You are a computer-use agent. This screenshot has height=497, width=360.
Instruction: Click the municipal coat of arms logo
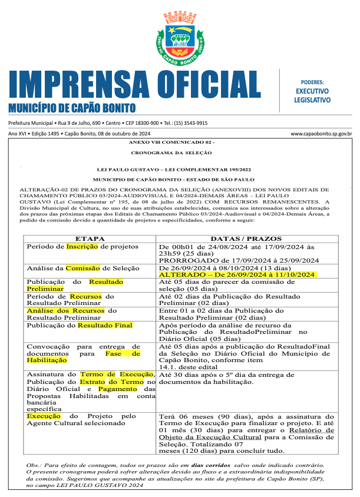pyautogui.click(x=180, y=38)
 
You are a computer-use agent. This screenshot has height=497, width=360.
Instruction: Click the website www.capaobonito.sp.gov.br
pyautogui.click(x=321, y=134)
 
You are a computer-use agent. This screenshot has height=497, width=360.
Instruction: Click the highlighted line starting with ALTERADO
pyautogui.click(x=239, y=274)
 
